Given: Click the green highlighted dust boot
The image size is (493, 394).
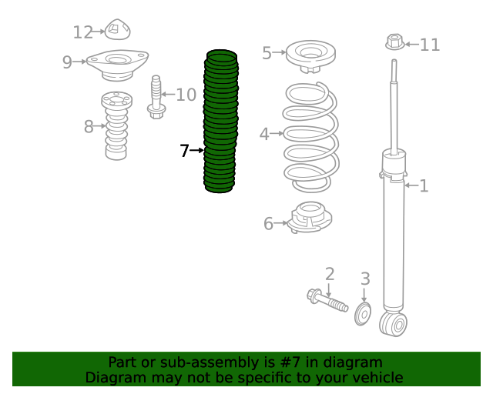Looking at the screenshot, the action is [x=220, y=121].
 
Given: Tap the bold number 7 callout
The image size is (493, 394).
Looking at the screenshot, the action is [x=184, y=151].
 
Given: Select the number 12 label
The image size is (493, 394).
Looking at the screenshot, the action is [x=83, y=32].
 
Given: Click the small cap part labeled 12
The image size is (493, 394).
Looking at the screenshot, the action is [x=117, y=29].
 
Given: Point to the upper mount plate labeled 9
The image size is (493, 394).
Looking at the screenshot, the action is [x=117, y=65].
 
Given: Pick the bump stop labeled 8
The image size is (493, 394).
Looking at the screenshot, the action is [x=116, y=125].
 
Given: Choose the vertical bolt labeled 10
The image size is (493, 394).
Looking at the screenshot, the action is [x=156, y=97].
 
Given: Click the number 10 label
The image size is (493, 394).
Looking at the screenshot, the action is [x=186, y=95].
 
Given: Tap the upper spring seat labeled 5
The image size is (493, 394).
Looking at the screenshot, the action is [x=310, y=56].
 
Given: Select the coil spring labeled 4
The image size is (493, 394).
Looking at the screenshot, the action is [x=311, y=137].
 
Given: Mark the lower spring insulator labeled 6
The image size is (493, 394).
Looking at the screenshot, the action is [x=310, y=218].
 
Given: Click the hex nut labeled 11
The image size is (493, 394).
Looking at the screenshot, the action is [x=395, y=42].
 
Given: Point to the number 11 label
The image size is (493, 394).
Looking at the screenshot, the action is [x=430, y=45].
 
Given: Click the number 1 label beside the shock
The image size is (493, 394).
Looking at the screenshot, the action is [x=424, y=185].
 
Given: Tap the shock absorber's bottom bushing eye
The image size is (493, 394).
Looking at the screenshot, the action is [x=394, y=324].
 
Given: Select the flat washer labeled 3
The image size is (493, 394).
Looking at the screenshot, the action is [x=363, y=314].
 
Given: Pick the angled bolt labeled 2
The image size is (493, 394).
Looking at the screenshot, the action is [x=327, y=300].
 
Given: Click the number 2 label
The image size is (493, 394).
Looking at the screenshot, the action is [x=330, y=274].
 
